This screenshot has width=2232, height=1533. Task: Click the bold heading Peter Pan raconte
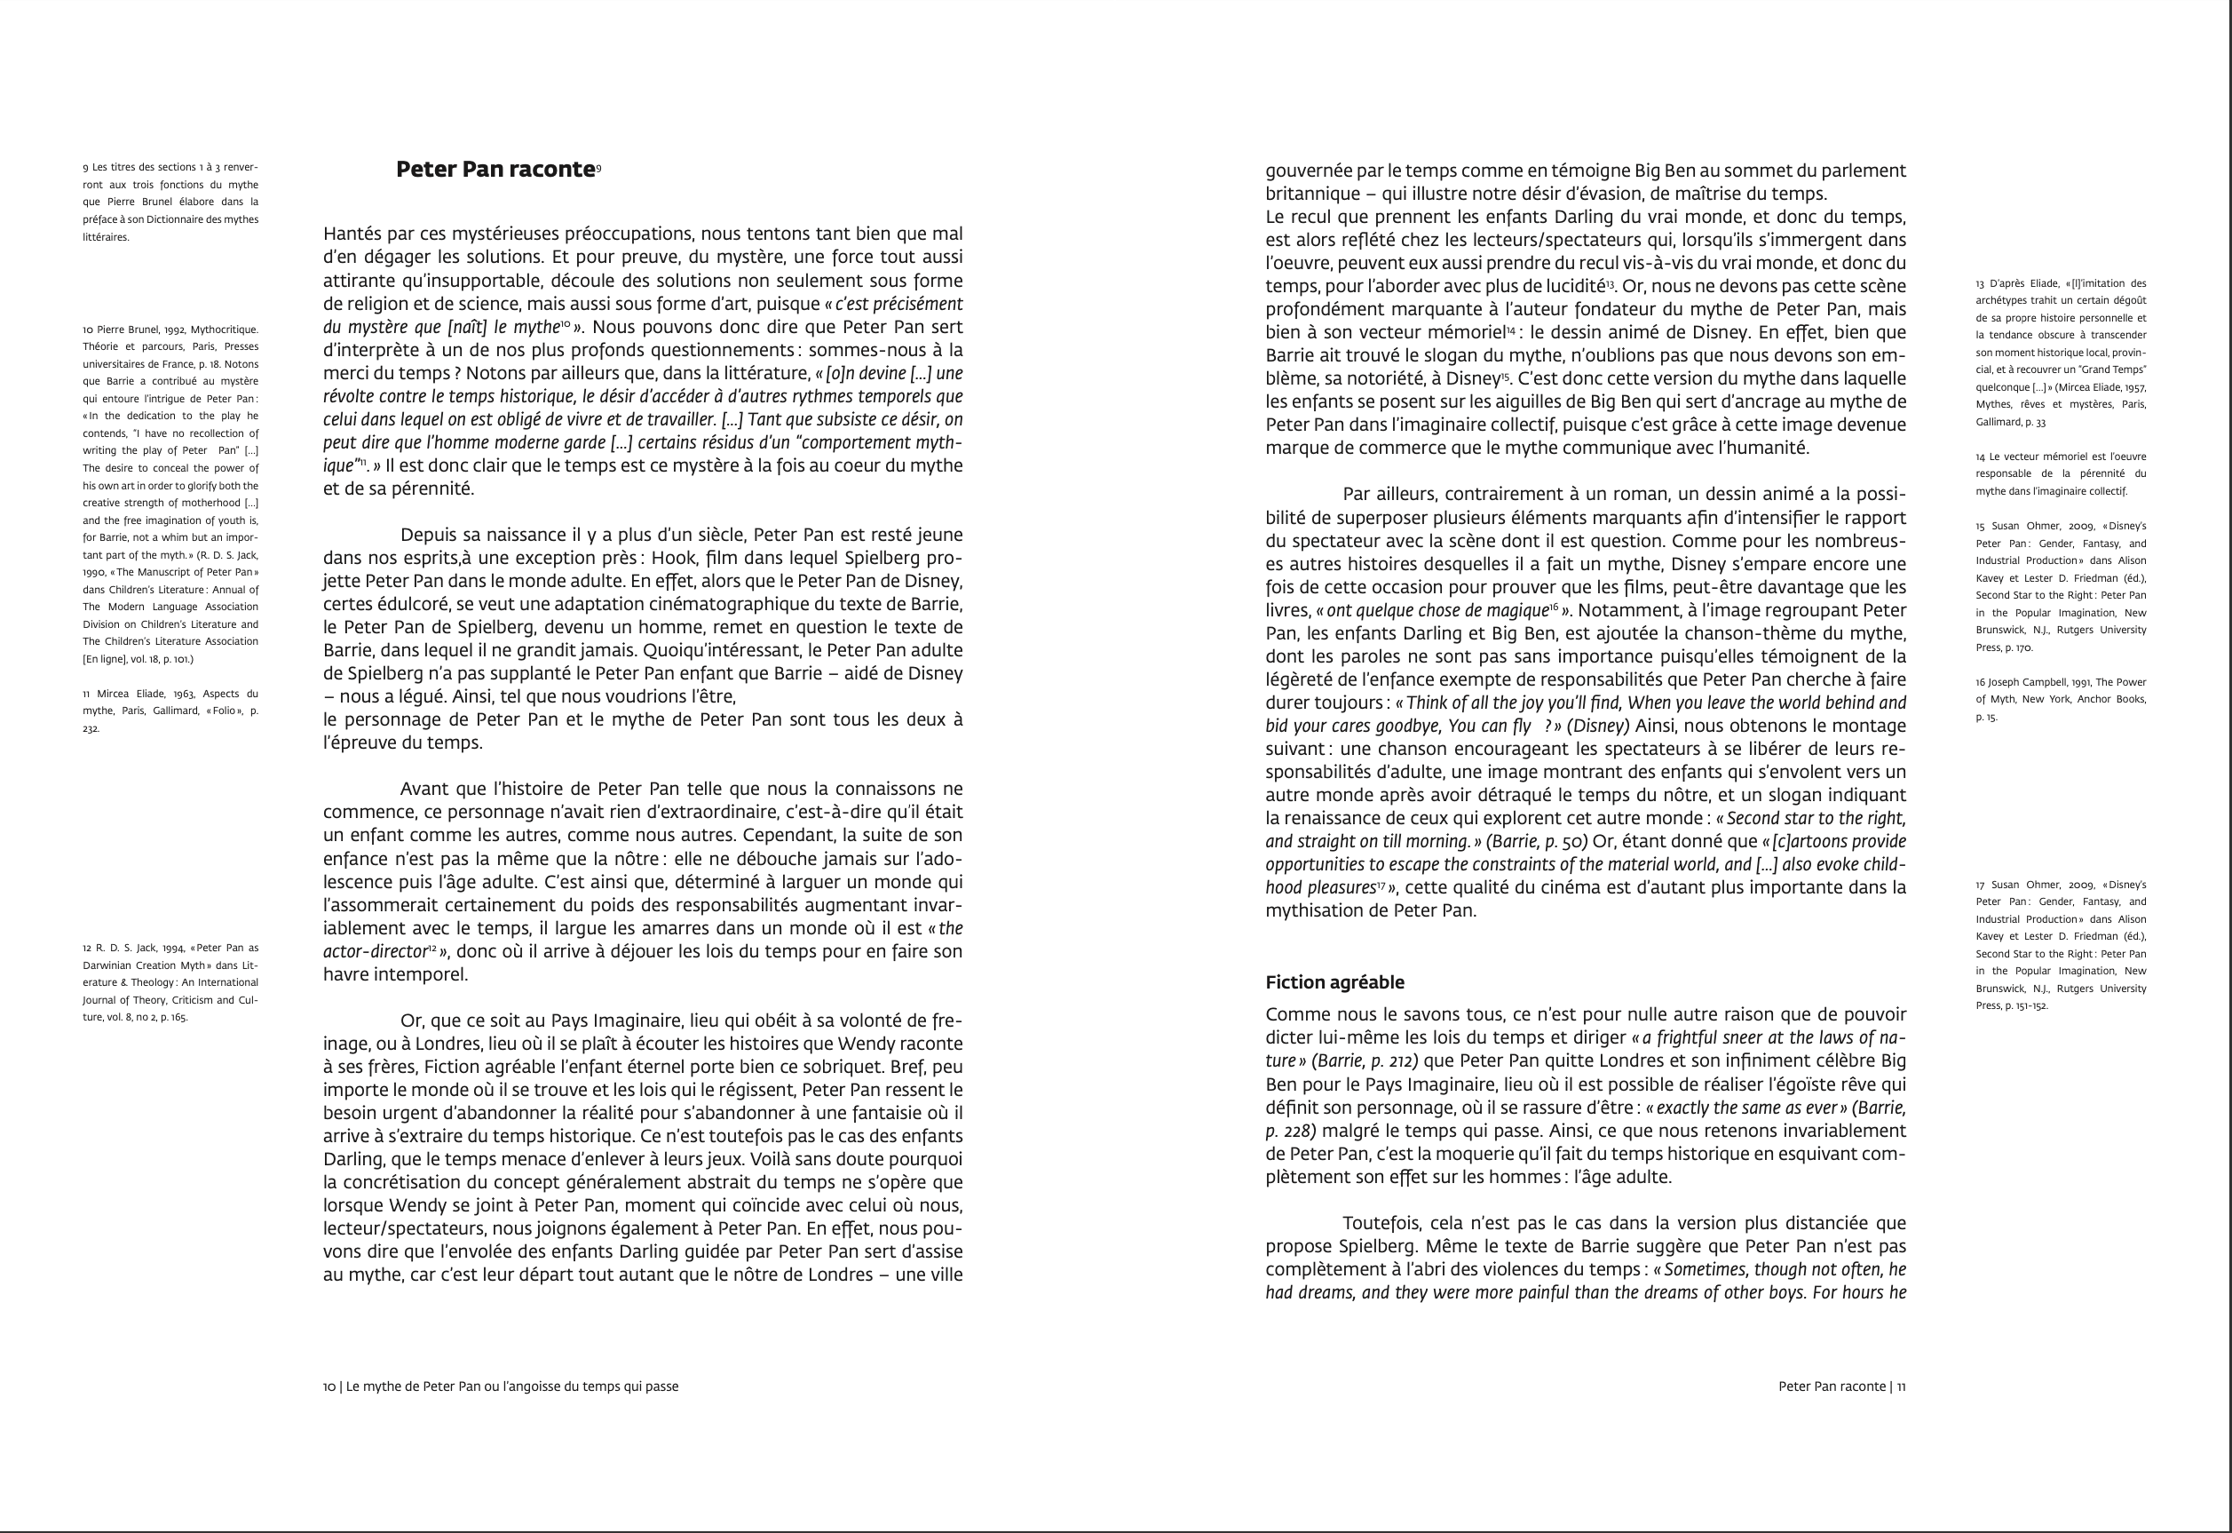tap(495, 170)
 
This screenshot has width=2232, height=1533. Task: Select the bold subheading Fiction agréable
tap(1334, 982)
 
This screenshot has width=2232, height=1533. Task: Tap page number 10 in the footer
tap(329, 1387)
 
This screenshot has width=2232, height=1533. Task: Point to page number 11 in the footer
tap(1901, 1387)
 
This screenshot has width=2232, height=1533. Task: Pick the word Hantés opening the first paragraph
tap(352, 234)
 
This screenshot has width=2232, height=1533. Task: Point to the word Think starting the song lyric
tap(1425, 703)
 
